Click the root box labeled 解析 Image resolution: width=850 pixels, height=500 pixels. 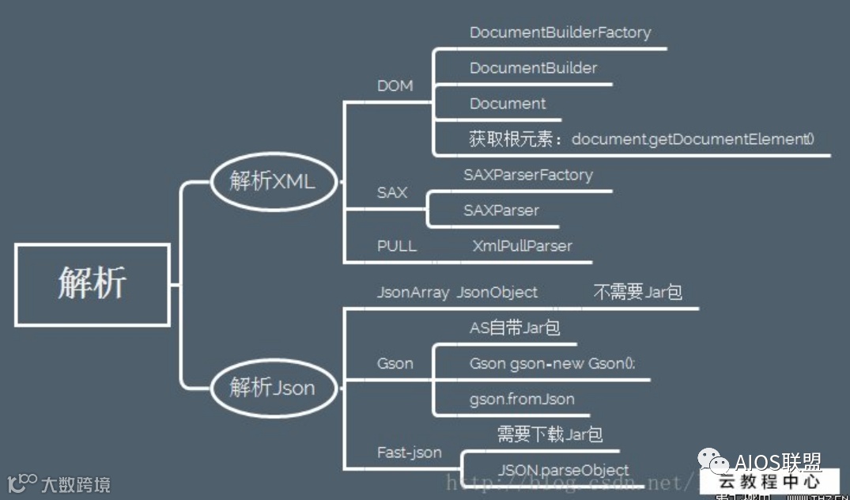pyautogui.click(x=92, y=284)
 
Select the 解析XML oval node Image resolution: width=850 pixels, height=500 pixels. pyautogui.click(x=273, y=181)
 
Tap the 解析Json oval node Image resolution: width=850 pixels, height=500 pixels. pyautogui.click(x=273, y=388)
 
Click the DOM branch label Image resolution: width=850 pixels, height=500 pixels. pyautogui.click(x=395, y=86)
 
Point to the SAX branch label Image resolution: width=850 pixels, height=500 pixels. pyautogui.click(x=392, y=192)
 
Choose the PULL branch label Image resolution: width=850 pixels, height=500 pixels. pyautogui.click(x=396, y=246)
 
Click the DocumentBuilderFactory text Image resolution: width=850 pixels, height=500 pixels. pyautogui.click(x=560, y=33)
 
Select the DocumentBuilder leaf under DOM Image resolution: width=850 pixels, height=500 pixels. pyautogui.click(x=533, y=68)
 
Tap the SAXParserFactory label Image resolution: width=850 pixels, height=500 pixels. pyautogui.click(x=527, y=175)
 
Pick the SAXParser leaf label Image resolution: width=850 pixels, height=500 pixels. pyautogui.click(x=501, y=210)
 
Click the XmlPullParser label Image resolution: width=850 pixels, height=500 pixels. pyautogui.click(x=522, y=246)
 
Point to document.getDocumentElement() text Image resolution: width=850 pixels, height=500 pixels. pyautogui.click(x=693, y=139)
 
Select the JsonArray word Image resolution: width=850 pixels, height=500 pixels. pyautogui.click(x=413, y=292)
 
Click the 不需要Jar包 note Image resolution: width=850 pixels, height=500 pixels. pyautogui.click(x=637, y=292)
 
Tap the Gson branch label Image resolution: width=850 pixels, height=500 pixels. pyautogui.click(x=395, y=363)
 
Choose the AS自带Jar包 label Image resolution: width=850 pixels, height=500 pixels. pyautogui.click(x=515, y=328)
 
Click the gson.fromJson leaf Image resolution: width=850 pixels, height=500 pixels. pyautogui.click(x=522, y=399)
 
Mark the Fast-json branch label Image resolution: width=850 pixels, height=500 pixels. pyautogui.click(x=409, y=453)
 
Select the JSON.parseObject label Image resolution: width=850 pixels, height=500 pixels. pyautogui.click(x=564, y=470)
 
